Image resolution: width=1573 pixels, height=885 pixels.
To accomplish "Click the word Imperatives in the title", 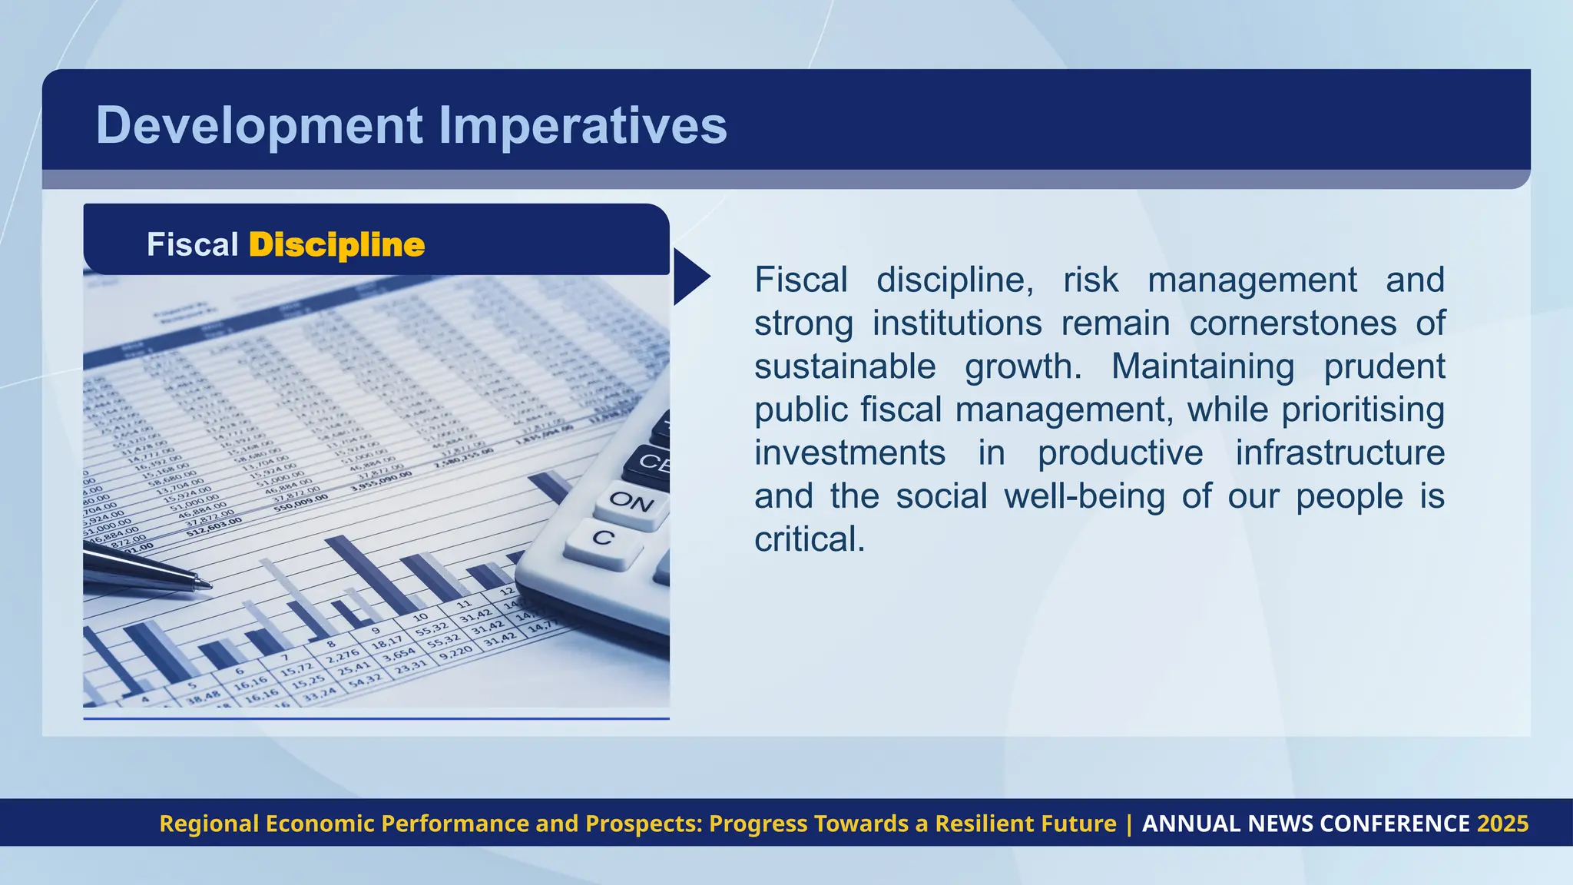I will [582, 125].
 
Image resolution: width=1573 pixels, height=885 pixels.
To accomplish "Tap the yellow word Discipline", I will [336, 245].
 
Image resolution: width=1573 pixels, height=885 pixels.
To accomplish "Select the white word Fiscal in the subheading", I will [193, 245].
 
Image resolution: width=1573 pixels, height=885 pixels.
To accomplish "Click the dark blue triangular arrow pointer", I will [689, 277].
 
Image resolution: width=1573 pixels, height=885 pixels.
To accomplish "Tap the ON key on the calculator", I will [631, 502].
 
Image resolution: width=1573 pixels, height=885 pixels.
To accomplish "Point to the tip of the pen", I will [209, 586].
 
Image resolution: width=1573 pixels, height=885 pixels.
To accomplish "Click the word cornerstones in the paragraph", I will [1293, 323].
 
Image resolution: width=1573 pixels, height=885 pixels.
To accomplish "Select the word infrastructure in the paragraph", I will [1340, 452].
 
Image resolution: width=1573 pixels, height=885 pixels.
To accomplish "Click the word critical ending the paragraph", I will [809, 539].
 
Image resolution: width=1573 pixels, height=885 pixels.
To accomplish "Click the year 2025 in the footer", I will [1502, 824].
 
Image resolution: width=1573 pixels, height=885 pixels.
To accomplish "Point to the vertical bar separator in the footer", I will [1129, 824].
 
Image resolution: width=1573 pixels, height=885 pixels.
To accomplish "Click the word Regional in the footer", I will [209, 824].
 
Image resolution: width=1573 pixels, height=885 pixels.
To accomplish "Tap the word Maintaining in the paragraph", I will [1202, 366].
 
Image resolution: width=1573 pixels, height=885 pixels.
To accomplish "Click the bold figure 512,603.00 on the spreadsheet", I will [214, 526].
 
